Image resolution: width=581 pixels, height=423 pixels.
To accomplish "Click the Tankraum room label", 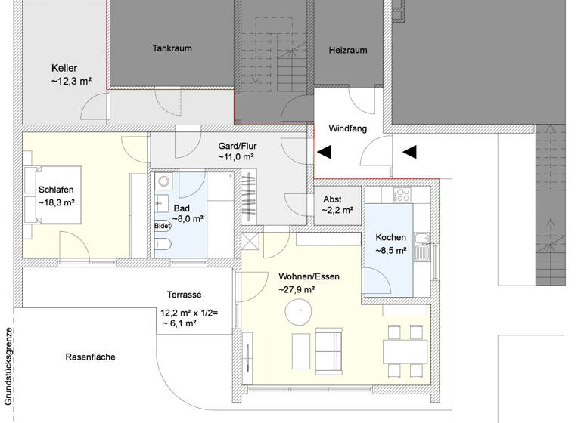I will (172, 48).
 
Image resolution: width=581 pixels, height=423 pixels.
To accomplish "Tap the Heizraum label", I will (348, 50).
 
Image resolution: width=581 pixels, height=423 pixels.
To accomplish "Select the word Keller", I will (64, 68).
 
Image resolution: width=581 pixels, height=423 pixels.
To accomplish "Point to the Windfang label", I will (348, 129).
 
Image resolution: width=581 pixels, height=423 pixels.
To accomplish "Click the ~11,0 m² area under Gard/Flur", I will (236, 157).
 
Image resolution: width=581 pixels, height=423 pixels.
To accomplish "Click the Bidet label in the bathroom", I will (163, 225).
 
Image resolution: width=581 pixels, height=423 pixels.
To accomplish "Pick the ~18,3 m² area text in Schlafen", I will (56, 203).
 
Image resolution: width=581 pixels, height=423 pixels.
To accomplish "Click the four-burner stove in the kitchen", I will (402, 195).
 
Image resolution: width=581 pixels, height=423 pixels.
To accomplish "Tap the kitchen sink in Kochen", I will (425, 248).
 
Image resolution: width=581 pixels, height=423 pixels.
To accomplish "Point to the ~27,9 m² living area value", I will (297, 289).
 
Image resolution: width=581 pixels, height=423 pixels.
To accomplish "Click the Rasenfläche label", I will (90, 357).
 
